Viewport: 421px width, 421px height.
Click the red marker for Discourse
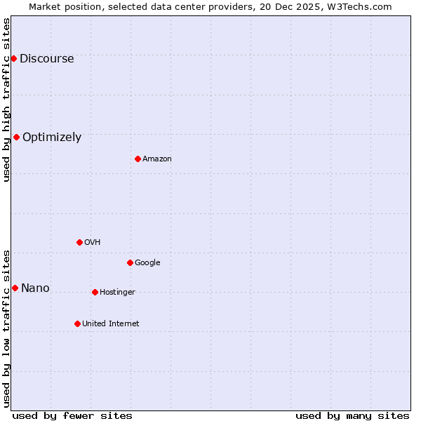13,58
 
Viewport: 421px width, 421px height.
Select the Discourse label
46,59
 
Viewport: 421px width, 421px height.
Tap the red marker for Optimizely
16,137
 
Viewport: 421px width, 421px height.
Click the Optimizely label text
52,138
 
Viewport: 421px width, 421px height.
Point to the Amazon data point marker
138,159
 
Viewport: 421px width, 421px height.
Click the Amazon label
157,159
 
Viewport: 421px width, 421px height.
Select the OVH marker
79,242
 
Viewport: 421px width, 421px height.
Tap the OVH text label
93,243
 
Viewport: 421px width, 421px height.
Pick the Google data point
130,262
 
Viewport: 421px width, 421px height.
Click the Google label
147,263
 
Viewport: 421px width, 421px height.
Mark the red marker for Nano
15,288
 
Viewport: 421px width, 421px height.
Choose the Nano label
35,288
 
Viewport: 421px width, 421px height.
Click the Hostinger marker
95,292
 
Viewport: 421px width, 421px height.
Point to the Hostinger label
117,293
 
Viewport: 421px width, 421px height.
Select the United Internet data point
77,323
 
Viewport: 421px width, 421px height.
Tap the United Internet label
111,324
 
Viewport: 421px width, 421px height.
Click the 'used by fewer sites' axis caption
72,415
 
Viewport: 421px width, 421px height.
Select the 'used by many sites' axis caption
352,415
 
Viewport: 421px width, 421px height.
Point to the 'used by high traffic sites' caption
7,100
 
